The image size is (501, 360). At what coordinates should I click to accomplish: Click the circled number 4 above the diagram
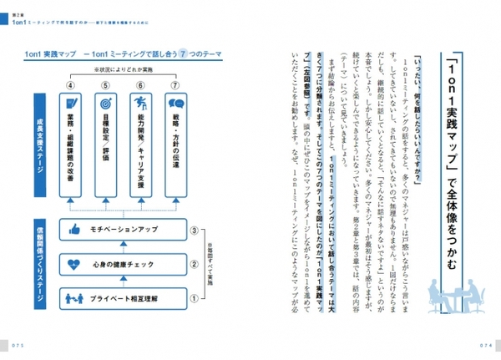[x=72, y=84]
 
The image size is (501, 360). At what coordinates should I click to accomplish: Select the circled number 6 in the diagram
[x=139, y=84]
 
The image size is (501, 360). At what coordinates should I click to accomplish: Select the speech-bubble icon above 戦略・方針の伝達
[x=176, y=104]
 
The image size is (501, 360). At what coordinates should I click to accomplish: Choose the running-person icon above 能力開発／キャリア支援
[x=140, y=104]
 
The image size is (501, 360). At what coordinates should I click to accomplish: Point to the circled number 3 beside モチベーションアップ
[x=195, y=229]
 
